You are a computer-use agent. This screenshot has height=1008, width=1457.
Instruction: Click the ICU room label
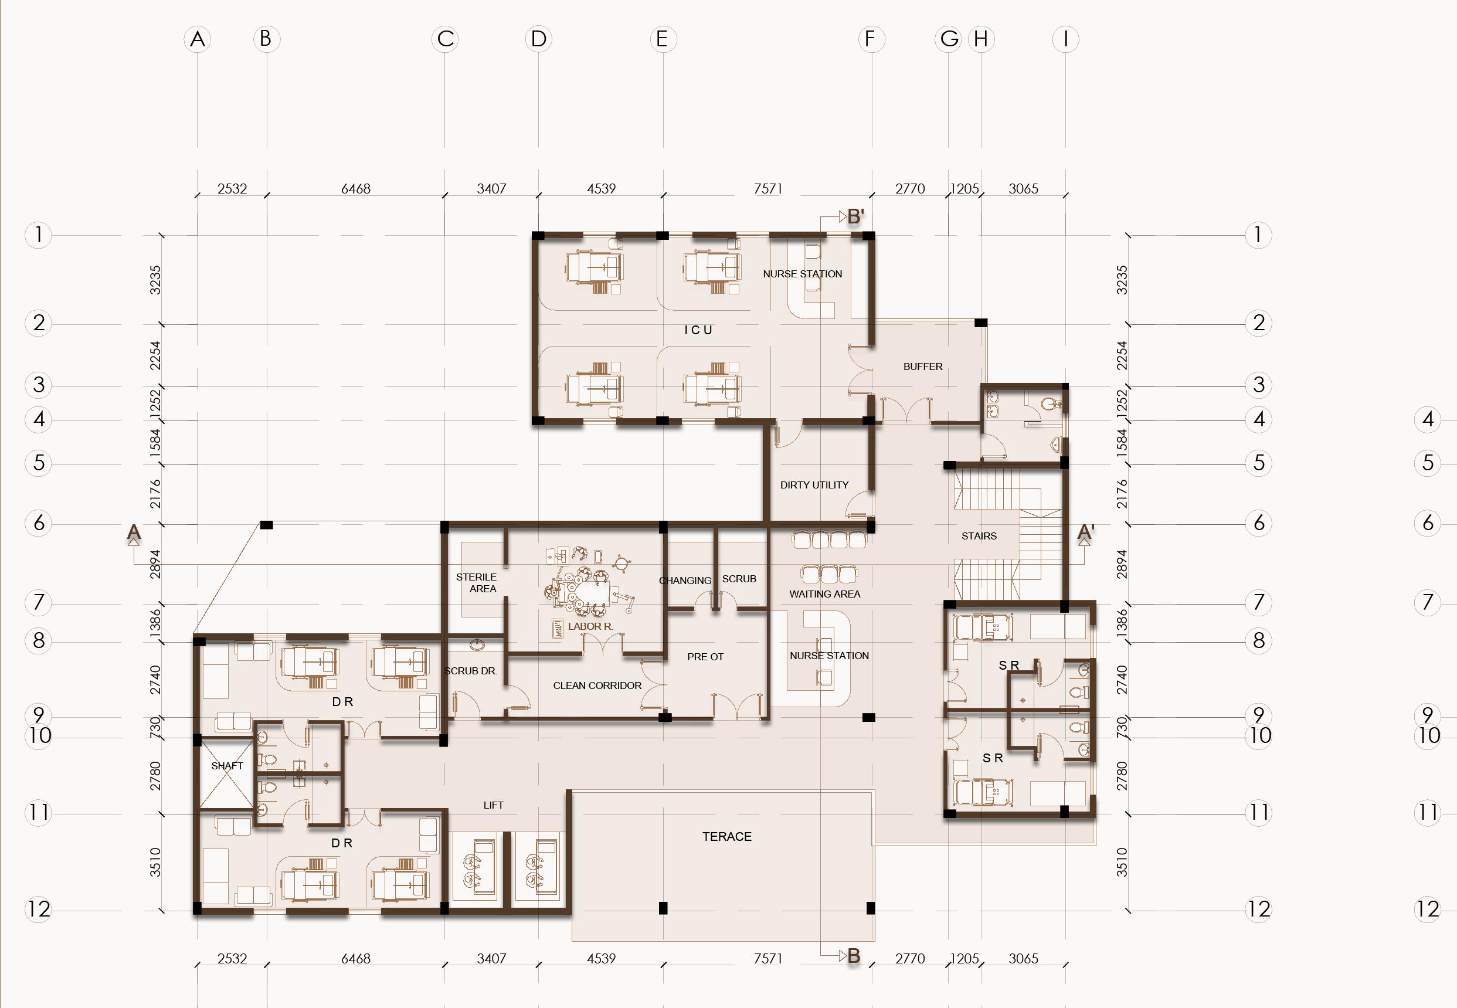tap(698, 330)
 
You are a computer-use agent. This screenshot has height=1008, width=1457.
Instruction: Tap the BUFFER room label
tap(923, 366)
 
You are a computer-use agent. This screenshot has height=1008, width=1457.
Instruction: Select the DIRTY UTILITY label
tap(814, 485)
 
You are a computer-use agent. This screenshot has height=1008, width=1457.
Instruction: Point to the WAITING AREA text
tap(825, 593)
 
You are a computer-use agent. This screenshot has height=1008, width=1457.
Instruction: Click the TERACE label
tap(727, 836)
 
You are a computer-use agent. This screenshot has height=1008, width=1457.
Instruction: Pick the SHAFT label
tap(227, 765)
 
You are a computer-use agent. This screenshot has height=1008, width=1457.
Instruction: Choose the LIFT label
tap(493, 805)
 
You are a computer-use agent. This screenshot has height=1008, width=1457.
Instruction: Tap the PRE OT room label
tap(705, 657)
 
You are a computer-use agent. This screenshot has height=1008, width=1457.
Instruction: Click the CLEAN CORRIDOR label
tap(597, 685)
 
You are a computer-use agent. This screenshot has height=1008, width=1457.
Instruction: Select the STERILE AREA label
tap(477, 583)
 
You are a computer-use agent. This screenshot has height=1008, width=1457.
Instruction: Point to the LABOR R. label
tap(590, 626)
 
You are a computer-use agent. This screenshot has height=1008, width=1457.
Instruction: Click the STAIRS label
tap(979, 536)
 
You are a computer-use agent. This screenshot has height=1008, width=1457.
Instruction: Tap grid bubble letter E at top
tap(663, 39)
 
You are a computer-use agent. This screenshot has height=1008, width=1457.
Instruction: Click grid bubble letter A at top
tap(198, 39)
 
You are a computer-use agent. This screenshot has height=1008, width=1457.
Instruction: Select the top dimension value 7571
tap(768, 188)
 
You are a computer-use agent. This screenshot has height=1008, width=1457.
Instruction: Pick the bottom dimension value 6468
tap(355, 958)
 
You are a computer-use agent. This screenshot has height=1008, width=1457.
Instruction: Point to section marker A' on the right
tap(1086, 532)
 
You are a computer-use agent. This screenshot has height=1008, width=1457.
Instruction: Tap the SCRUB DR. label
tap(470, 671)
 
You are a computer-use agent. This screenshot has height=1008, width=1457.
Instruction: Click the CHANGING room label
tap(685, 581)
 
